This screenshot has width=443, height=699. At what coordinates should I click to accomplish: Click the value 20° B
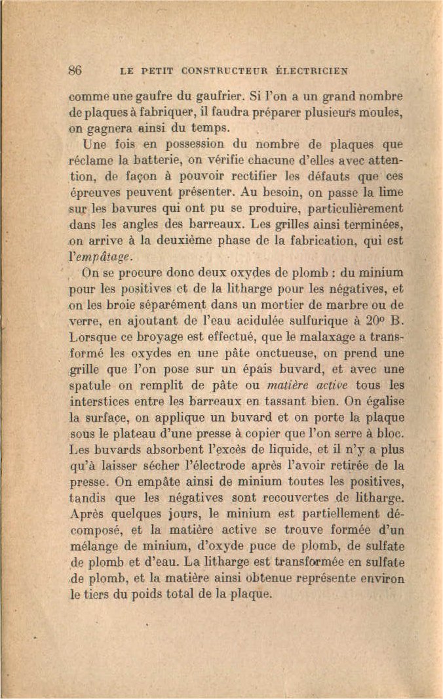[x=379, y=322]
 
